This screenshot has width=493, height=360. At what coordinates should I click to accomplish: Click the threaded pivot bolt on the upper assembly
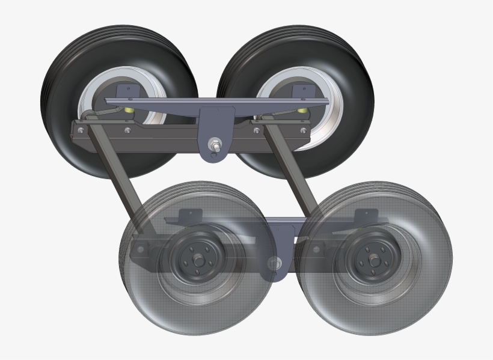[215, 144]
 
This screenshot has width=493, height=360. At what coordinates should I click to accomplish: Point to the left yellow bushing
[127, 111]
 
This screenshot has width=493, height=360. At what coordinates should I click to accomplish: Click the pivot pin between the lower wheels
[275, 262]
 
